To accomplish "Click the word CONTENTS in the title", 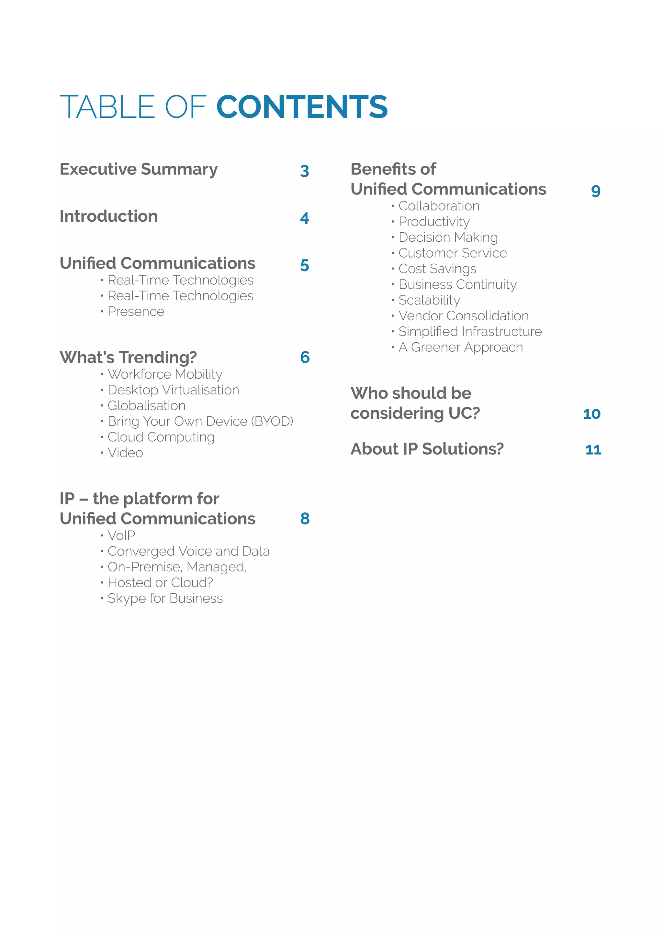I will point(302,107).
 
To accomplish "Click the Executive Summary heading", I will point(139,169).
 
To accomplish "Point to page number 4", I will point(305,218).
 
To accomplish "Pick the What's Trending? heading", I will point(128,358).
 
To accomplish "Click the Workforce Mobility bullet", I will point(165,374).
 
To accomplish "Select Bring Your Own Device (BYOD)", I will point(200,421).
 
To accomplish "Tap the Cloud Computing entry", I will point(161,437).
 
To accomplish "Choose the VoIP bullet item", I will point(121,535).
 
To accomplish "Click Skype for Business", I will point(165,598).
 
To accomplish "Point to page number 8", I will point(305,519).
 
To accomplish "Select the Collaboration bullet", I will point(439,206).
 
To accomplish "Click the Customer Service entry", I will point(452,253).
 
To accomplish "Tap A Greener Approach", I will point(461,347).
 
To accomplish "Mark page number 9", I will point(596,191).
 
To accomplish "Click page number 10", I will point(591,414).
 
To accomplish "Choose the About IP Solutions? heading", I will point(427,449).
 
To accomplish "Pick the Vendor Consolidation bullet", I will point(463,316).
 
